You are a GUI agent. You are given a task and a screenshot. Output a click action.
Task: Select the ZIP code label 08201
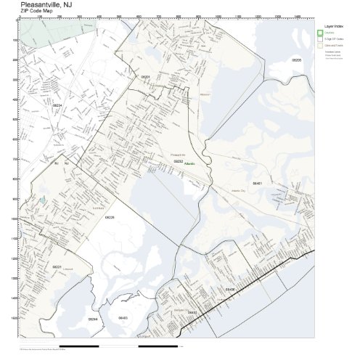145,76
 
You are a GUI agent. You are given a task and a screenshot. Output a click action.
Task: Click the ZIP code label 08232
178,161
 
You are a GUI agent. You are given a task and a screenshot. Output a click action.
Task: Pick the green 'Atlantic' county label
189,165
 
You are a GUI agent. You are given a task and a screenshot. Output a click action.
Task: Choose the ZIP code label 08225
110,217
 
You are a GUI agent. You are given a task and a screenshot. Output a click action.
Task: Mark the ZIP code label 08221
56,266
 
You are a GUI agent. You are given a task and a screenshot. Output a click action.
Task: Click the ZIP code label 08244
92,318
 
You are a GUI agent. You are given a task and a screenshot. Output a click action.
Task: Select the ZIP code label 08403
123,318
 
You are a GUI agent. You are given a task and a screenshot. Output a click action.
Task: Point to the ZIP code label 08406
230,289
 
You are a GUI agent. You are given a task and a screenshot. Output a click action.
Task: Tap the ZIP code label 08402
192,312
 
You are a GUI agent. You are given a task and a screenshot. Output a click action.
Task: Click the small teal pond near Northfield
42,199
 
